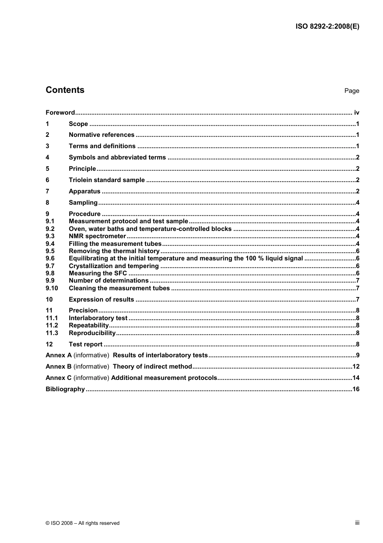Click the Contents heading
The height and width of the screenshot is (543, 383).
(65, 90)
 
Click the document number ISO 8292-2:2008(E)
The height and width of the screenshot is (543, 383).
(327, 27)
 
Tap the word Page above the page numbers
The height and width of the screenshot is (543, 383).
(352, 91)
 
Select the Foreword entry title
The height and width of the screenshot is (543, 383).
(60, 113)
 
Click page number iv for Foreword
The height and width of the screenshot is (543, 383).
(356, 113)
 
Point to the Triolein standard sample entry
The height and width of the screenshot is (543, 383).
(106, 180)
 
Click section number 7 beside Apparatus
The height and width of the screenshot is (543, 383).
(48, 191)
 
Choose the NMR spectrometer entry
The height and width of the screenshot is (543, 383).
(97, 236)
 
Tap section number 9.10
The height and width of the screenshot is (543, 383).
(52, 288)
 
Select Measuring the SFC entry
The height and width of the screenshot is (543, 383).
(98, 273)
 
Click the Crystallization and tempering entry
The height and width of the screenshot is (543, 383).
(114, 266)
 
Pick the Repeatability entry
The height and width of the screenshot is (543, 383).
(89, 325)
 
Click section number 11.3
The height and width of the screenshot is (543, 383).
(52, 333)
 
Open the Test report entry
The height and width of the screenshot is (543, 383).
(85, 344)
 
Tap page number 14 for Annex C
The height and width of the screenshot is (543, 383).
(356, 378)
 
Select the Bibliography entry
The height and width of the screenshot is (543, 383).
(65, 389)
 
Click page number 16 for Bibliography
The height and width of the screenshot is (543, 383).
(356, 389)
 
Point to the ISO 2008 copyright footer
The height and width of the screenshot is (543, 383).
(83, 523)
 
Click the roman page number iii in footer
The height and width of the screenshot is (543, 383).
(357, 523)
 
